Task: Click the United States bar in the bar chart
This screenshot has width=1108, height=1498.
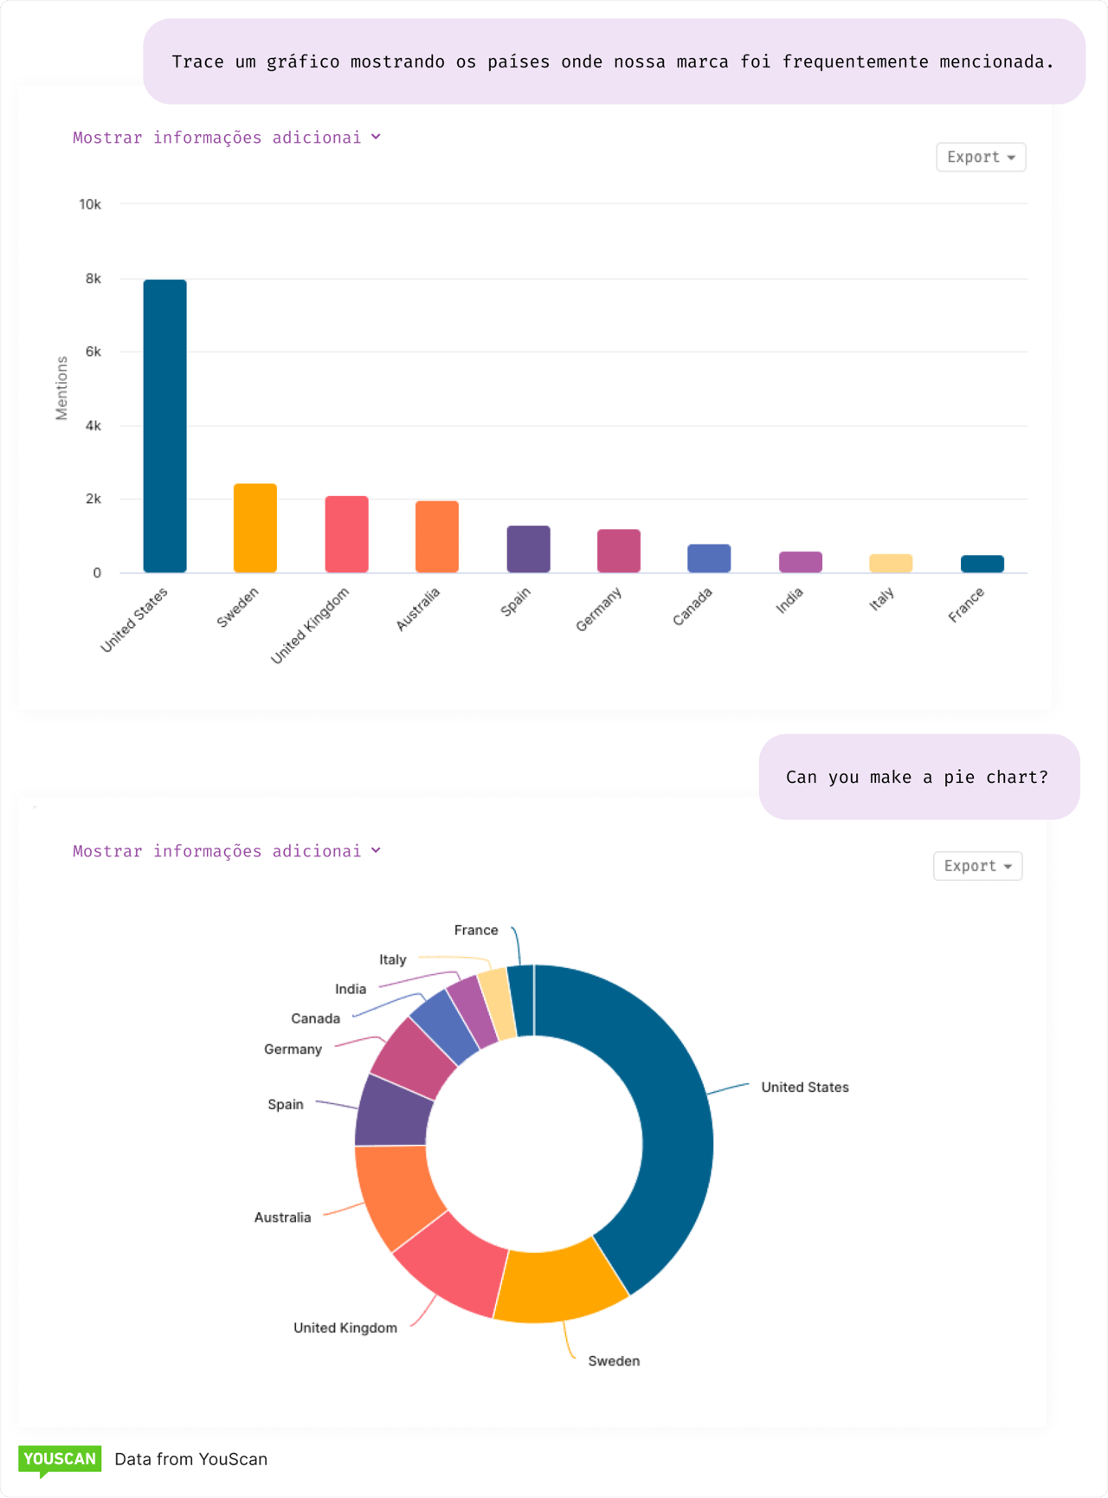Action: (164, 426)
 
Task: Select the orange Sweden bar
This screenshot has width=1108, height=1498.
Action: (255, 528)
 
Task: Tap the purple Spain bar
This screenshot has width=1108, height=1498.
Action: (528, 549)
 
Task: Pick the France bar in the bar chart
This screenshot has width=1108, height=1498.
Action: (982, 564)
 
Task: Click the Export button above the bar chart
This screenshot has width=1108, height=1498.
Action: (980, 158)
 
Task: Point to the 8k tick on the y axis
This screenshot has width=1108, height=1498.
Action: (93, 279)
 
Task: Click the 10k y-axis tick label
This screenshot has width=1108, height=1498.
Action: (90, 204)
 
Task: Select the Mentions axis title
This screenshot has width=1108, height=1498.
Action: (61, 388)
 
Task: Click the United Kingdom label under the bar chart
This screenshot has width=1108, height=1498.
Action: (310, 625)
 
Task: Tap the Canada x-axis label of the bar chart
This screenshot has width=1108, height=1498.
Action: (692, 606)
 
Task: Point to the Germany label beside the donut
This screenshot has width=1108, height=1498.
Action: (293, 1049)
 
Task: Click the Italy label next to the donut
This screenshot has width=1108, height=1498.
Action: (392, 959)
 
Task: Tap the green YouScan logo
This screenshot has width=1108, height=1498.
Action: (60, 1460)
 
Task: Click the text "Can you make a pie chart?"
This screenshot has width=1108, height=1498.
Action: (917, 777)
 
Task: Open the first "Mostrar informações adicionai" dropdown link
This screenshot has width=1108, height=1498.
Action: (226, 138)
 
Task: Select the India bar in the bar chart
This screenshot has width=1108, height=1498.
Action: (800, 562)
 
